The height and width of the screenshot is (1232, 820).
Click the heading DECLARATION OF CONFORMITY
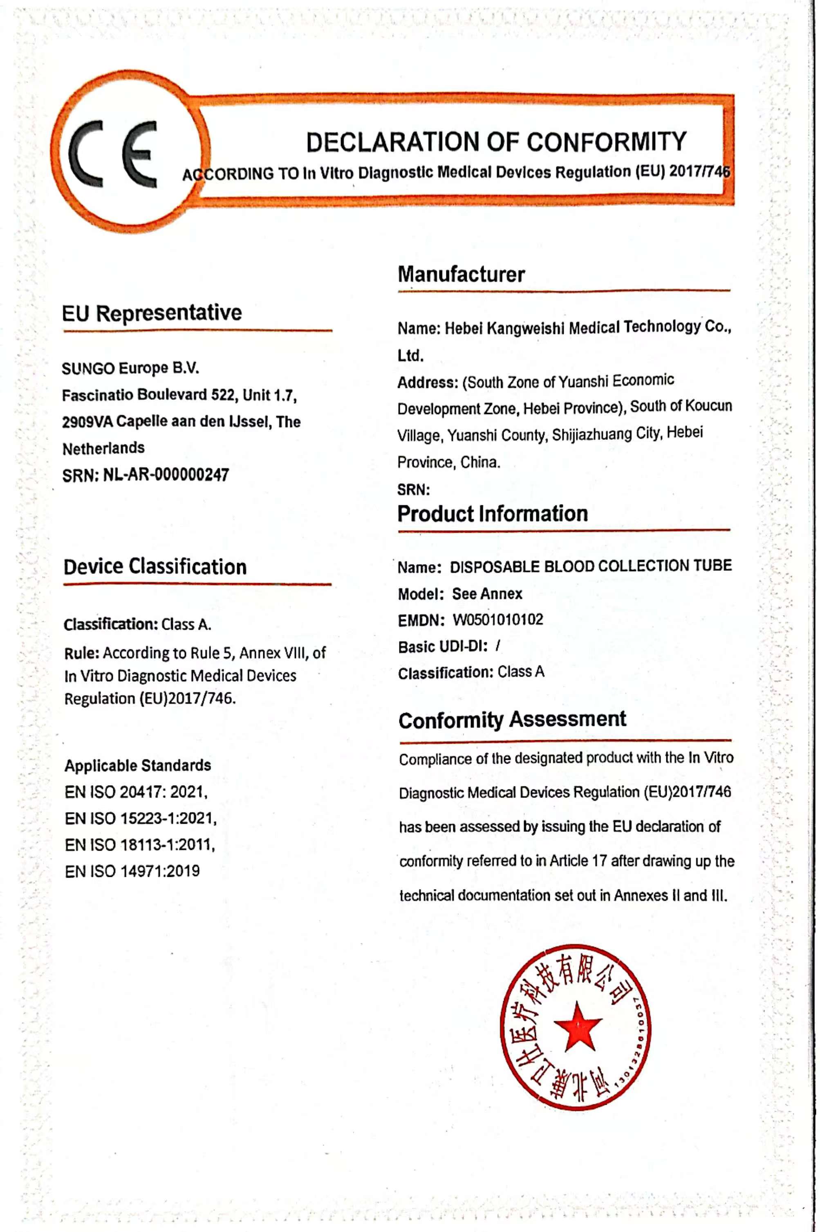point(495,142)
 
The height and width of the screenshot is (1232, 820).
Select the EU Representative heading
point(152,313)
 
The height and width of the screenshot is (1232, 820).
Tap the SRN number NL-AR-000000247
point(166,475)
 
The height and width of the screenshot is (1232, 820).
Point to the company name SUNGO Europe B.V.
point(130,368)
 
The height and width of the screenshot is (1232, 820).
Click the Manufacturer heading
point(461,274)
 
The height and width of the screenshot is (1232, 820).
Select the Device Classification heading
point(155,567)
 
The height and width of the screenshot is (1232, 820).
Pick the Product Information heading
point(492,514)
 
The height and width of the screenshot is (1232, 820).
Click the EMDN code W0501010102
point(497,619)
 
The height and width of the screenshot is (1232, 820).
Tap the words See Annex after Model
point(487,593)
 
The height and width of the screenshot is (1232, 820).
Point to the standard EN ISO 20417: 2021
point(136,792)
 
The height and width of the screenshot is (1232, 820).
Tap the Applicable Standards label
point(137,765)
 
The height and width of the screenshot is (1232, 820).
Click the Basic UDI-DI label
point(442,647)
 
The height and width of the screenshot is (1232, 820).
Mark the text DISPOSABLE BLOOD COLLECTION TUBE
point(590,566)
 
